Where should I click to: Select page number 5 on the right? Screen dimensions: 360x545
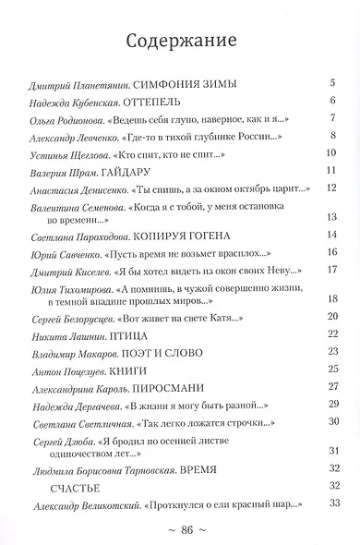[330, 84]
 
